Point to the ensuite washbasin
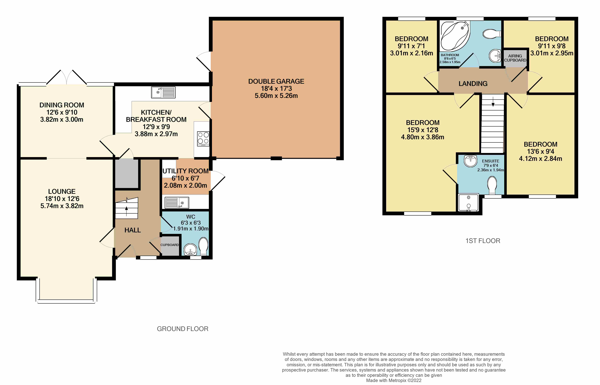coord(470,161)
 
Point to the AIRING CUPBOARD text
coord(515,58)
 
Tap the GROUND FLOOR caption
coord(183,329)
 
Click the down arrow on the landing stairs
coord(493,101)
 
